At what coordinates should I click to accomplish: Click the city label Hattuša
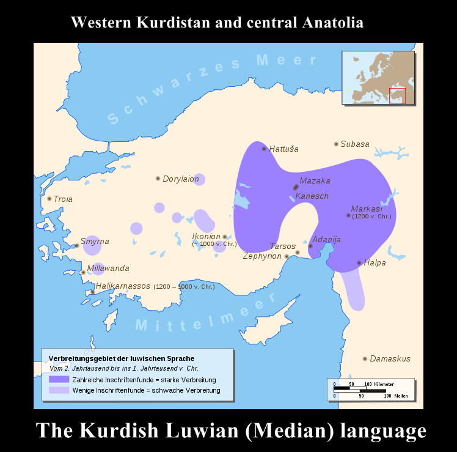click(283, 149)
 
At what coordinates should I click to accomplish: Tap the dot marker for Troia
click(49, 198)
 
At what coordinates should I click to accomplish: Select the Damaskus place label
click(390, 358)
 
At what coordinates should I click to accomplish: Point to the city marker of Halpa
click(359, 263)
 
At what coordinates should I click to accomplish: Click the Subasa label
click(355, 144)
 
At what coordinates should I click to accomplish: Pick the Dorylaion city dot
click(158, 179)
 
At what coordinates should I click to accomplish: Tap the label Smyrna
click(95, 241)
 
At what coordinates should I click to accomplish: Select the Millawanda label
click(108, 268)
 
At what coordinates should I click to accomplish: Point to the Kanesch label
click(312, 196)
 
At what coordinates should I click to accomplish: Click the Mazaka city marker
click(296, 187)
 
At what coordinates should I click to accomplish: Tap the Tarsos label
click(282, 246)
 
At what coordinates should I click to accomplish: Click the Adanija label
click(326, 239)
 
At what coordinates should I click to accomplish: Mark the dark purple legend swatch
click(59, 379)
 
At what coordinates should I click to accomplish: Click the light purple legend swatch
click(59, 390)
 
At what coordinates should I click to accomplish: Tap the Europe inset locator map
click(378, 78)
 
